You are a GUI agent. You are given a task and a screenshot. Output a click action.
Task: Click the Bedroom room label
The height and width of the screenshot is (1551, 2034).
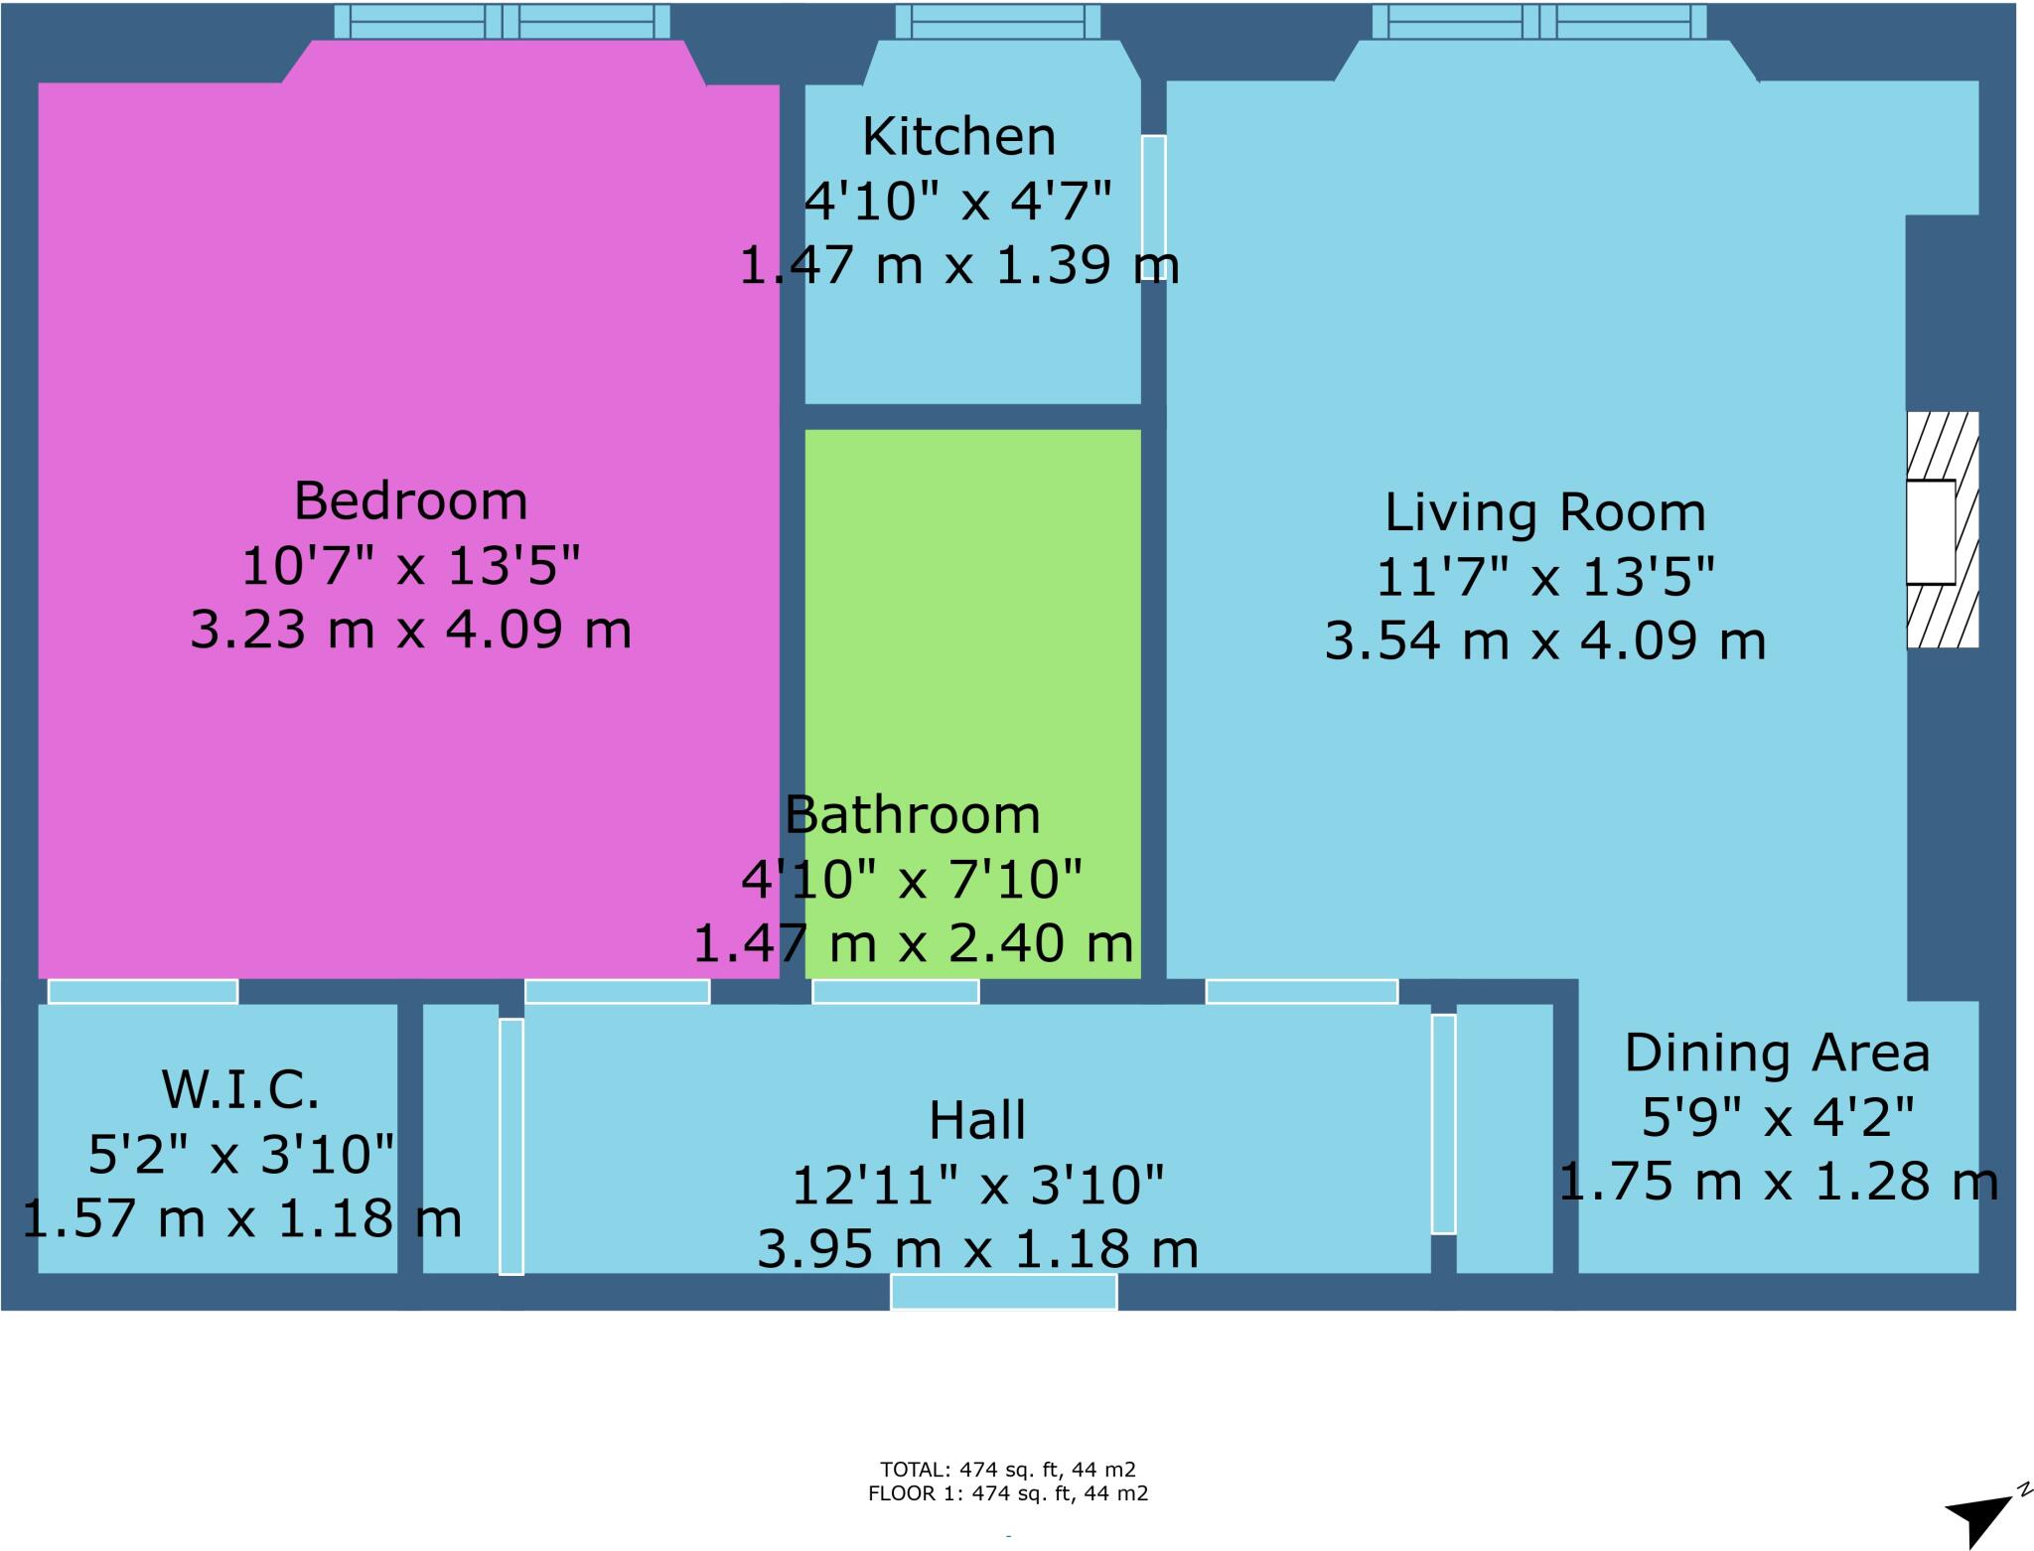[x=410, y=500]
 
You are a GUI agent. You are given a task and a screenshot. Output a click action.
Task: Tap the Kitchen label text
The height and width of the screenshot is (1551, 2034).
[x=958, y=137]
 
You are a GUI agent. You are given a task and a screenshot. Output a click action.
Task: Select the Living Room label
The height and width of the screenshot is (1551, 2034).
[x=1545, y=512]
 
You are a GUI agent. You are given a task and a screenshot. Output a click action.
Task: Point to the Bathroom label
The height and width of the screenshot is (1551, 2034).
[x=912, y=815]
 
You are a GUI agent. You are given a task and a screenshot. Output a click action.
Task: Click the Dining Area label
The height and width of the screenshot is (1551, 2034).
[x=1777, y=1053]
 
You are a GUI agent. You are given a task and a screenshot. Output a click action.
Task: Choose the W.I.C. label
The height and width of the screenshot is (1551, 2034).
[x=240, y=1089]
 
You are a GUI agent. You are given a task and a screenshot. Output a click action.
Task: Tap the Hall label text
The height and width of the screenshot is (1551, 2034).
[x=977, y=1120]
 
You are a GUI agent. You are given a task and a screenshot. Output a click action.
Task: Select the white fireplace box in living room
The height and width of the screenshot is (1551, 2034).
[x=1931, y=532]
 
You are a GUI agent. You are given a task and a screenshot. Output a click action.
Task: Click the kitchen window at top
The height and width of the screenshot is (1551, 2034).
[x=998, y=21]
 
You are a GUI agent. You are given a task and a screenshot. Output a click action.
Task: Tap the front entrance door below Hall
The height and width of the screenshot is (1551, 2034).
[x=1003, y=1292]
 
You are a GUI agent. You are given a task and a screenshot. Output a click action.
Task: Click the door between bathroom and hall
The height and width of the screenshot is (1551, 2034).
[x=896, y=991]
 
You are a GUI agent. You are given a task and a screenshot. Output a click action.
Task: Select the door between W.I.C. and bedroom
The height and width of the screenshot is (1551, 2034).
[x=143, y=991]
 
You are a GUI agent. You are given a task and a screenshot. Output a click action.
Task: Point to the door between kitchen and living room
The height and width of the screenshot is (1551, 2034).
[x=1153, y=207]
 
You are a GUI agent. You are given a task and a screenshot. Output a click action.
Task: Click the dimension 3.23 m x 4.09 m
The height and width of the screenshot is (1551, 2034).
[x=410, y=630]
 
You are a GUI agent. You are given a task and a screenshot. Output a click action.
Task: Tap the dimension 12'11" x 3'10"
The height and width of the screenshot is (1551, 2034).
[x=977, y=1185]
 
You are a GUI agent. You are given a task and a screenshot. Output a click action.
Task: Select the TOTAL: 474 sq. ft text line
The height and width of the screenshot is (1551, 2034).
[x=1007, y=1470]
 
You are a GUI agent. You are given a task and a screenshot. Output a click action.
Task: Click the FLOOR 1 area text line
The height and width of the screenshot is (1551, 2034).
[x=1007, y=1493]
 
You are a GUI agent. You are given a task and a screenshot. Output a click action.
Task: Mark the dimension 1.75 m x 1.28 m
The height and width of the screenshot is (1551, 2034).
[x=1777, y=1182]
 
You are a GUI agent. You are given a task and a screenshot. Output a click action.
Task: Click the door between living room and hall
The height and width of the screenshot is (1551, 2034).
[x=1301, y=991]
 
